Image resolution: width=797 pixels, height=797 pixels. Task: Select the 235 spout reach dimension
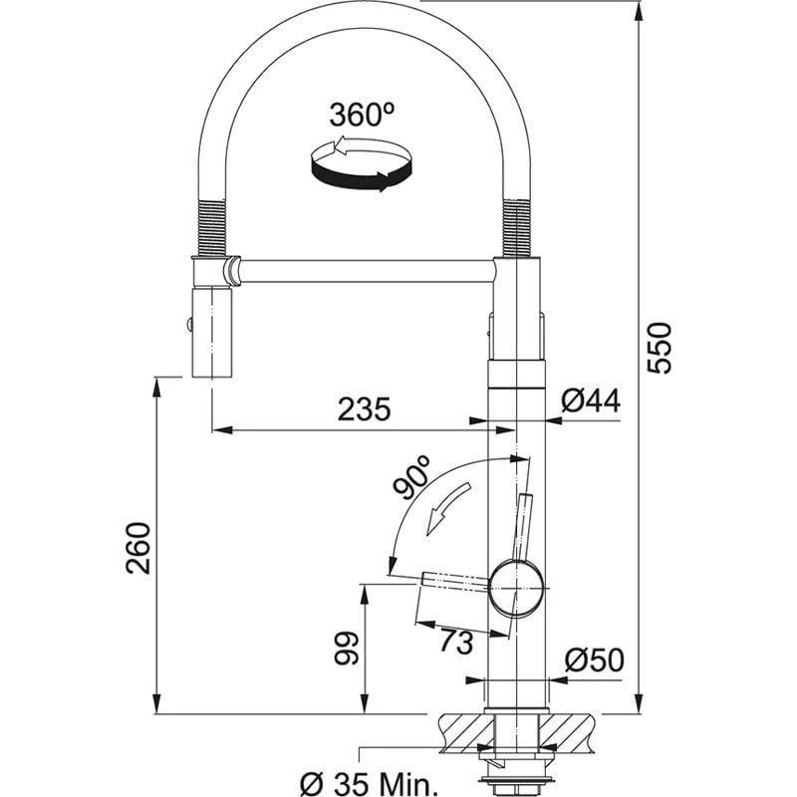[x=362, y=408]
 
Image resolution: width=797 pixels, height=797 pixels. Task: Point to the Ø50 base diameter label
[x=594, y=660]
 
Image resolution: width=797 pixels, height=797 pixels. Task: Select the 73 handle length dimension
[x=455, y=643]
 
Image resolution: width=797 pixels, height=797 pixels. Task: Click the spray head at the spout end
[x=210, y=333]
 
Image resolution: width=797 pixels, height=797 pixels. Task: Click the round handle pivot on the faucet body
[x=517, y=586]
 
